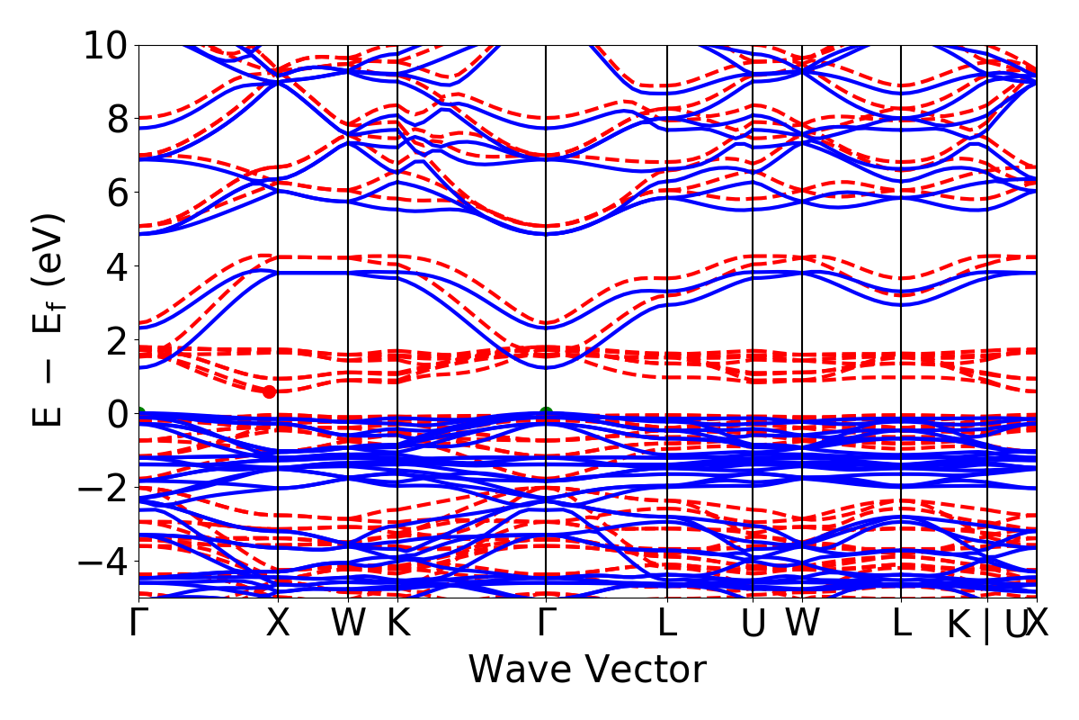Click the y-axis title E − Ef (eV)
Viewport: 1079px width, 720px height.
pos(50,319)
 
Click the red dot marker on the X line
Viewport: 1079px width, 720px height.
pos(269,391)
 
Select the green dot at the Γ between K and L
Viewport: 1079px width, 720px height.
pos(546,413)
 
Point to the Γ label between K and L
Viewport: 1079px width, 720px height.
pos(546,624)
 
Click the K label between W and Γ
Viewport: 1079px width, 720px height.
pos(398,624)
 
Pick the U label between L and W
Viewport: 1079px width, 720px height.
pos(753,624)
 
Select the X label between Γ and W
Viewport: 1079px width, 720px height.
pos(278,624)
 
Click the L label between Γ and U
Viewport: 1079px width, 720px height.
pos(667,624)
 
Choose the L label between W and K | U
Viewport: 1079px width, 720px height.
pos(902,624)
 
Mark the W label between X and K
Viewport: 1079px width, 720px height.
pos(348,624)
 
